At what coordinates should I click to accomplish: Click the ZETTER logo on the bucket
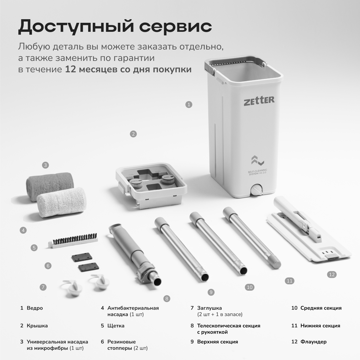point(259,101)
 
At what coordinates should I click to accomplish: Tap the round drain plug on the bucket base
point(257,190)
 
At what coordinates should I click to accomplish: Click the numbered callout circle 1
point(189,105)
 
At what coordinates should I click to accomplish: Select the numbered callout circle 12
point(332,274)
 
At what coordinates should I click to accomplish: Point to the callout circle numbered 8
point(166,298)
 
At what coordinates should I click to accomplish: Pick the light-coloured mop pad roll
point(62,202)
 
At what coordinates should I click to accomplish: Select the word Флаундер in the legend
point(313,342)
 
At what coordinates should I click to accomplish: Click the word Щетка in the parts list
point(116,326)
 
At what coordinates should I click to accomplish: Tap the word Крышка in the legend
point(37,326)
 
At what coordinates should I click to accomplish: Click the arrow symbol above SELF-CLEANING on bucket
point(257,160)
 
